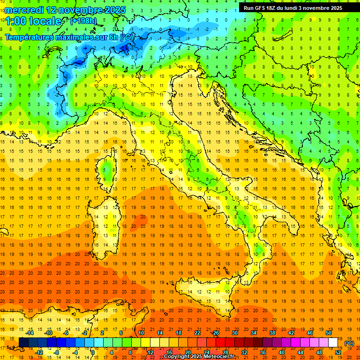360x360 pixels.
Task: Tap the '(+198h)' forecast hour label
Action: pyautogui.click(x=83, y=21)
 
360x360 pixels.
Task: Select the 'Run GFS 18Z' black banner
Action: pyautogui.click(x=292, y=7)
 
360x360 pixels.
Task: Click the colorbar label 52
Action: pyautogui.click(x=338, y=352)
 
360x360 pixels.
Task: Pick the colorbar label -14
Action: pyautogui.click(x=30, y=332)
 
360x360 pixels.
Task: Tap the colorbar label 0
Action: pyautogui.click(x=93, y=352)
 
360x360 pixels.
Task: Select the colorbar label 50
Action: pyautogui.click(x=329, y=332)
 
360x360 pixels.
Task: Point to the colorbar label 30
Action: pyautogui.click(x=235, y=332)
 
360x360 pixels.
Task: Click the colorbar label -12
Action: pyautogui.click(x=39, y=352)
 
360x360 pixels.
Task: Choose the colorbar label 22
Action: pyautogui.click(x=197, y=332)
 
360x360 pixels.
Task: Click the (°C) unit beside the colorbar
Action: pyautogui.click(x=349, y=343)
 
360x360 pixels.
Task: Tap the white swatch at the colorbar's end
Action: pyautogui.click(x=333, y=343)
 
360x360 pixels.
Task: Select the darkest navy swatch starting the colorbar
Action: pyautogui.click(x=23, y=343)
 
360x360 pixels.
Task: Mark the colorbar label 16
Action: pyautogui.click(x=169, y=352)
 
